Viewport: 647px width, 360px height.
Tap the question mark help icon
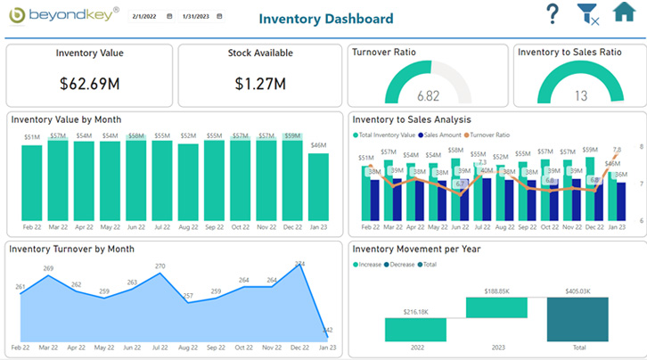[553, 14]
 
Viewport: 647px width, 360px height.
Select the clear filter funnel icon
[587, 14]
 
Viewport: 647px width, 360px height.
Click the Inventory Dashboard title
[325, 19]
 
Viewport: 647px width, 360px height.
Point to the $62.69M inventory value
[89, 84]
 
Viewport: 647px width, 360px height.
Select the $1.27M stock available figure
[260, 84]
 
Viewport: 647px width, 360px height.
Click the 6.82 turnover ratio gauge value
[428, 95]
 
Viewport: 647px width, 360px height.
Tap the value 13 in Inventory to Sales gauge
[580, 95]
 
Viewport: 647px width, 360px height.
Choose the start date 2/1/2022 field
[148, 17]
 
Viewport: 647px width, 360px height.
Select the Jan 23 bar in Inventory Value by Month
[318, 185]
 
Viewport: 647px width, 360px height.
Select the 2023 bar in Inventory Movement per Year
[496, 307]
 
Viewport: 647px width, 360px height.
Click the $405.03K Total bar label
[578, 290]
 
